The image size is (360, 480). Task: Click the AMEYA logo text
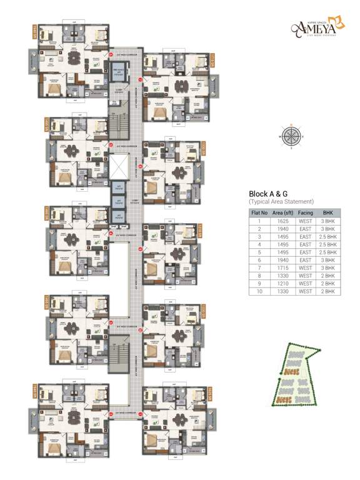tap(319, 27)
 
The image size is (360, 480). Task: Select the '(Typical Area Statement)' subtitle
tap(281, 202)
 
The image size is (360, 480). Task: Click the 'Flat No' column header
tap(259, 213)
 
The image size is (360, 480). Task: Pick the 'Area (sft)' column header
tap(284, 213)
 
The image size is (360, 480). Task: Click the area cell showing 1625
tap(284, 221)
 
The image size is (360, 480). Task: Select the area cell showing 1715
tap(284, 266)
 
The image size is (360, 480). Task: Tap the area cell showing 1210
tap(284, 283)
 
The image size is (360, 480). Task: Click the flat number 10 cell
tap(259, 291)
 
